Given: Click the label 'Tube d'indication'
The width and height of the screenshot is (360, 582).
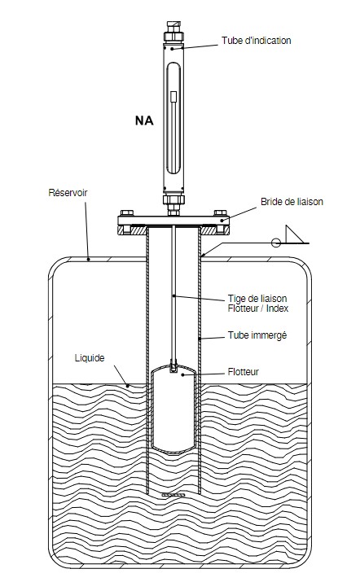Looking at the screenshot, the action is [x=256, y=41].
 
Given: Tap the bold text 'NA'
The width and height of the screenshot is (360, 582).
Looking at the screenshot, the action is [x=144, y=120].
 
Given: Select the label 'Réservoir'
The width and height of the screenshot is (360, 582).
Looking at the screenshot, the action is [x=68, y=193].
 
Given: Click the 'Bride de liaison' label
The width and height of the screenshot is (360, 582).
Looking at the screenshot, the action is [x=292, y=202].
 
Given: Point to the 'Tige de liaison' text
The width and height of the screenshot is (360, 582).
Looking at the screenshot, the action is [x=257, y=299].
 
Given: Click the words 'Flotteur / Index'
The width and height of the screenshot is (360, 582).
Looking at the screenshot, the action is [x=258, y=309].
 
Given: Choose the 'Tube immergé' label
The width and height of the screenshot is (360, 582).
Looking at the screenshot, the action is [x=257, y=335].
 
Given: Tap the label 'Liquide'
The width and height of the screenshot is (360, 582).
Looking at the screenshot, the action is [x=90, y=358].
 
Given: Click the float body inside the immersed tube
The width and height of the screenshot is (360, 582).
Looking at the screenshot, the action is [x=173, y=409].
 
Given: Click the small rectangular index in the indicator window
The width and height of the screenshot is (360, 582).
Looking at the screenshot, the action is [x=173, y=97].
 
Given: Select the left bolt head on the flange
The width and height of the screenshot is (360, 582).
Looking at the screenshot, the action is [x=127, y=212].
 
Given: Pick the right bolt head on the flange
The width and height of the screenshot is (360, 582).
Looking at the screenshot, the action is [x=220, y=212].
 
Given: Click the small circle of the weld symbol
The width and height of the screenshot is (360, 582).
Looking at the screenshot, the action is [x=275, y=243].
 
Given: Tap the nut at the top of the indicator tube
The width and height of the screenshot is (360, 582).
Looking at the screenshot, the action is [x=173, y=37].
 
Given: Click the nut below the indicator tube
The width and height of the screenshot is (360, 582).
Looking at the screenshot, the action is [x=173, y=199].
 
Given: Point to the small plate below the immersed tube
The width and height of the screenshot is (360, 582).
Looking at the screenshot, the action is [x=173, y=495].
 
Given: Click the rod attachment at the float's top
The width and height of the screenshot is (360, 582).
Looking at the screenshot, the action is [x=173, y=366].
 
